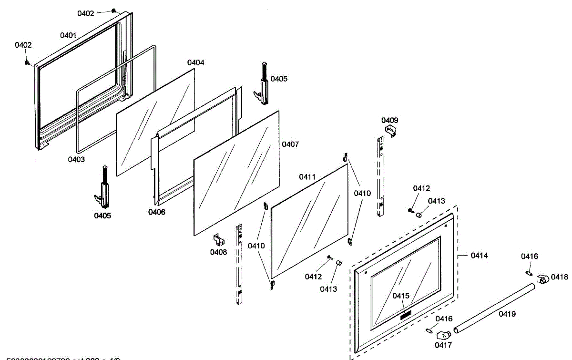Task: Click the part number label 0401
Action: click(68, 35)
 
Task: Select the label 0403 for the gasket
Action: click(76, 159)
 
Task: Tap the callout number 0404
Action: click(196, 62)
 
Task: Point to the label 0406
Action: click(156, 212)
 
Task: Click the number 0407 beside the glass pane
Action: click(290, 144)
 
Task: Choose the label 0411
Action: click(307, 177)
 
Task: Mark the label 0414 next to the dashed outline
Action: click(479, 256)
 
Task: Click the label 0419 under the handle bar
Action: click(507, 314)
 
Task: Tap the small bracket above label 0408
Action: click(218, 239)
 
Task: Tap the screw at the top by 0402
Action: click(113, 10)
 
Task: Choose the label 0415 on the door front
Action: click(401, 296)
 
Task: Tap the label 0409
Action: click(390, 120)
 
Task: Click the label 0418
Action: click(560, 277)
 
